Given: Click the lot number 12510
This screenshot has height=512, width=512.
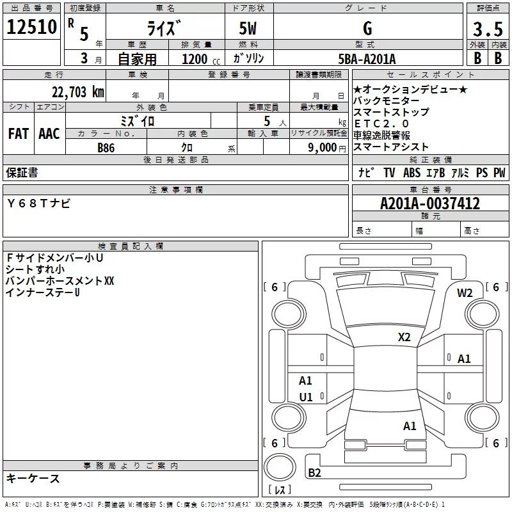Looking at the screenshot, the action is click(x=31, y=26).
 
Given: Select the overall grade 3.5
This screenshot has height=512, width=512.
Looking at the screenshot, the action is click(x=488, y=29).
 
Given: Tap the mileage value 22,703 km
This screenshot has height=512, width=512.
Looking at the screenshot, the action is click(x=77, y=92).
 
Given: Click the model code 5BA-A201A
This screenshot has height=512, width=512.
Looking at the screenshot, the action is click(x=367, y=59).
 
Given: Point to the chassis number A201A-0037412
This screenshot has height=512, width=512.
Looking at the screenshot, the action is click(x=430, y=204).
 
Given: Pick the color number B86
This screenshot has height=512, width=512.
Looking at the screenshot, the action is click(x=106, y=148).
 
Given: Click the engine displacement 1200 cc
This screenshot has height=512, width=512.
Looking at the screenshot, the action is click(x=201, y=59).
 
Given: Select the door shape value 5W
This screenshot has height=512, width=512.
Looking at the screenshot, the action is click(x=248, y=28).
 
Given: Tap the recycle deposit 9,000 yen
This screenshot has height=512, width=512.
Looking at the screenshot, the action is click(x=327, y=148).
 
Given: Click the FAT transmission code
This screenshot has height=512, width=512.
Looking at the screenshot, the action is click(x=19, y=134).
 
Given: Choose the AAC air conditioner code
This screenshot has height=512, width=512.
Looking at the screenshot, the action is click(x=49, y=134).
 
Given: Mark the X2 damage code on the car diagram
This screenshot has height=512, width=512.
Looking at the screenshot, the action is click(x=404, y=337).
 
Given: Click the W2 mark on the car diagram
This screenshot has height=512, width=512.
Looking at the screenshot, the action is click(x=465, y=293).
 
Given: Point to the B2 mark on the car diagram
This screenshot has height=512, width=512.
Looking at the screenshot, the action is click(x=314, y=472).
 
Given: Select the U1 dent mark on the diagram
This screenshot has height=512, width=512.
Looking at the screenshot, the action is click(x=306, y=397).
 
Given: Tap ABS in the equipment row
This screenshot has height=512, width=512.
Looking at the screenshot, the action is click(x=412, y=172).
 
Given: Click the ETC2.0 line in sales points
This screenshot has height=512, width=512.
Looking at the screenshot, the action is click(x=381, y=124).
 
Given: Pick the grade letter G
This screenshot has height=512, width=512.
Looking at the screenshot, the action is click(x=367, y=28).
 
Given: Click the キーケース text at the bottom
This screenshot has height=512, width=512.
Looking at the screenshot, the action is click(x=33, y=478).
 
